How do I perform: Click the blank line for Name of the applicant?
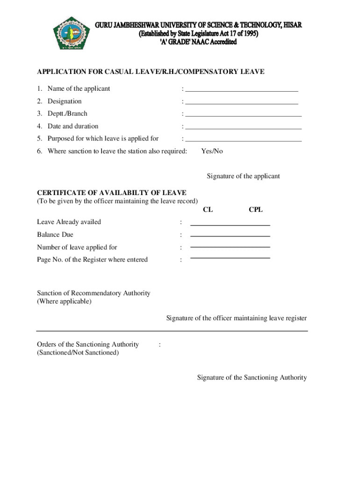click(242, 91)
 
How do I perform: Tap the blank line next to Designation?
click(242, 103)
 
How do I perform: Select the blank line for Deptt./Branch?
click(244, 116)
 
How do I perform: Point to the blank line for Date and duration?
click(244, 128)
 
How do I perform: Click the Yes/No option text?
click(212, 151)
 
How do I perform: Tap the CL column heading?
click(208, 210)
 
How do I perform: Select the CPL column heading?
click(256, 210)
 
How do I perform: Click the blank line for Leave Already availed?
click(230, 225)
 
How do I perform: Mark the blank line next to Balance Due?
click(230, 236)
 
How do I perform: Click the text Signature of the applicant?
click(243, 176)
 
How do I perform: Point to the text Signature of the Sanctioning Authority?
click(252, 377)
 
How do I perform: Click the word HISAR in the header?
click(292, 25)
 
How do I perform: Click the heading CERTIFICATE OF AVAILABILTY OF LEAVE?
click(112, 193)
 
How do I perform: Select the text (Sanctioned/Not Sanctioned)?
click(78, 353)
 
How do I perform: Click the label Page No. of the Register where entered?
click(92, 260)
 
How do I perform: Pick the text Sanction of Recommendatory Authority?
click(94, 293)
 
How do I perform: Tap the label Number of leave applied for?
click(77, 247)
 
